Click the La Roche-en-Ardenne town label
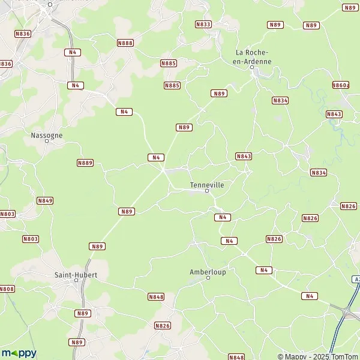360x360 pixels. click(253, 57)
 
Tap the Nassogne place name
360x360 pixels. click(46, 136)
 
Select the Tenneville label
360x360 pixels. click(206, 185)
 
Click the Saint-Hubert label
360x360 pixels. click(76, 275)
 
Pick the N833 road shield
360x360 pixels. click(203, 24)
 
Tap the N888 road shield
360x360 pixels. click(125, 43)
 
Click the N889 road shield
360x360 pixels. click(85, 163)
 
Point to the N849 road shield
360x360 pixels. click(45, 200)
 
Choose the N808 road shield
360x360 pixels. click(7, 289)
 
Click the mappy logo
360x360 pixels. click(19, 353)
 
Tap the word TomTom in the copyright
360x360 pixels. click(341, 356)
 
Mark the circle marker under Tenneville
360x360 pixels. click(207, 191)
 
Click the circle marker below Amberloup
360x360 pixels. click(208, 278)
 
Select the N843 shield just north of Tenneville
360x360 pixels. click(244, 156)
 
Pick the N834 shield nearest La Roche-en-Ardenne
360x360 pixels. click(280, 100)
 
